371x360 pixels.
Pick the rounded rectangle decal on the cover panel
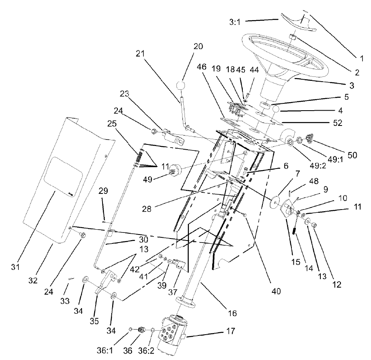pyautogui.click(x=62, y=175)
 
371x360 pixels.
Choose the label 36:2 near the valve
pyautogui.click(x=154, y=350)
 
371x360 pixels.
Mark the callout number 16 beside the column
pyautogui.click(x=232, y=312)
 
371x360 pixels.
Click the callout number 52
pyautogui.click(x=334, y=123)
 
